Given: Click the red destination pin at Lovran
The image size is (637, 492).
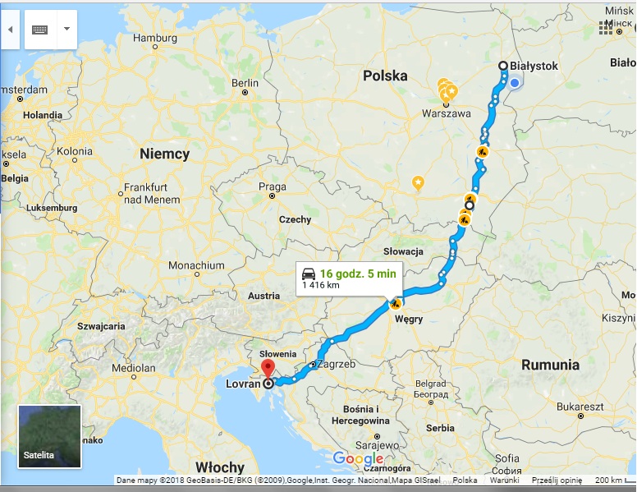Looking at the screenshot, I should (266, 368).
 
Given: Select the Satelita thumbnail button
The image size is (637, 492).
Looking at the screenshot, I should (50, 436).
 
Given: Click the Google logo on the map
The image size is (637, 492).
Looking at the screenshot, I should (358, 459).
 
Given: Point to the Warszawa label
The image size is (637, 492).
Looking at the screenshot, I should (447, 114).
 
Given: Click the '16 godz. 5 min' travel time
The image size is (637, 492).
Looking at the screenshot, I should (358, 273).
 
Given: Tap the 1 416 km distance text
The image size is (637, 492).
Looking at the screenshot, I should (321, 286).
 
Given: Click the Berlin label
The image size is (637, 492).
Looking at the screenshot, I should (245, 83).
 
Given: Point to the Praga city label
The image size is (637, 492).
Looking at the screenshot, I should (272, 186).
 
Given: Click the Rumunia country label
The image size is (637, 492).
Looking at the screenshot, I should (550, 364).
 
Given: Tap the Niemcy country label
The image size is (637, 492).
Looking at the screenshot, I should (164, 154).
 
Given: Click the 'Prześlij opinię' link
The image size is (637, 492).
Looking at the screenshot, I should (557, 481).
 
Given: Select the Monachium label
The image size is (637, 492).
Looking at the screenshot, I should (196, 265).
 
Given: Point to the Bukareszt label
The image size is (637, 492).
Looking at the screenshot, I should (579, 407).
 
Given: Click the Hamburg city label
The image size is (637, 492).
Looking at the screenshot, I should (154, 38).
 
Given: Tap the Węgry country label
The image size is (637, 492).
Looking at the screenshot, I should (408, 317).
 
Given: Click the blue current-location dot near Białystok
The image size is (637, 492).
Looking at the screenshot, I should (514, 83).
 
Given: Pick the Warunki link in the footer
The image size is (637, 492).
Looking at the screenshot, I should (504, 481).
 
